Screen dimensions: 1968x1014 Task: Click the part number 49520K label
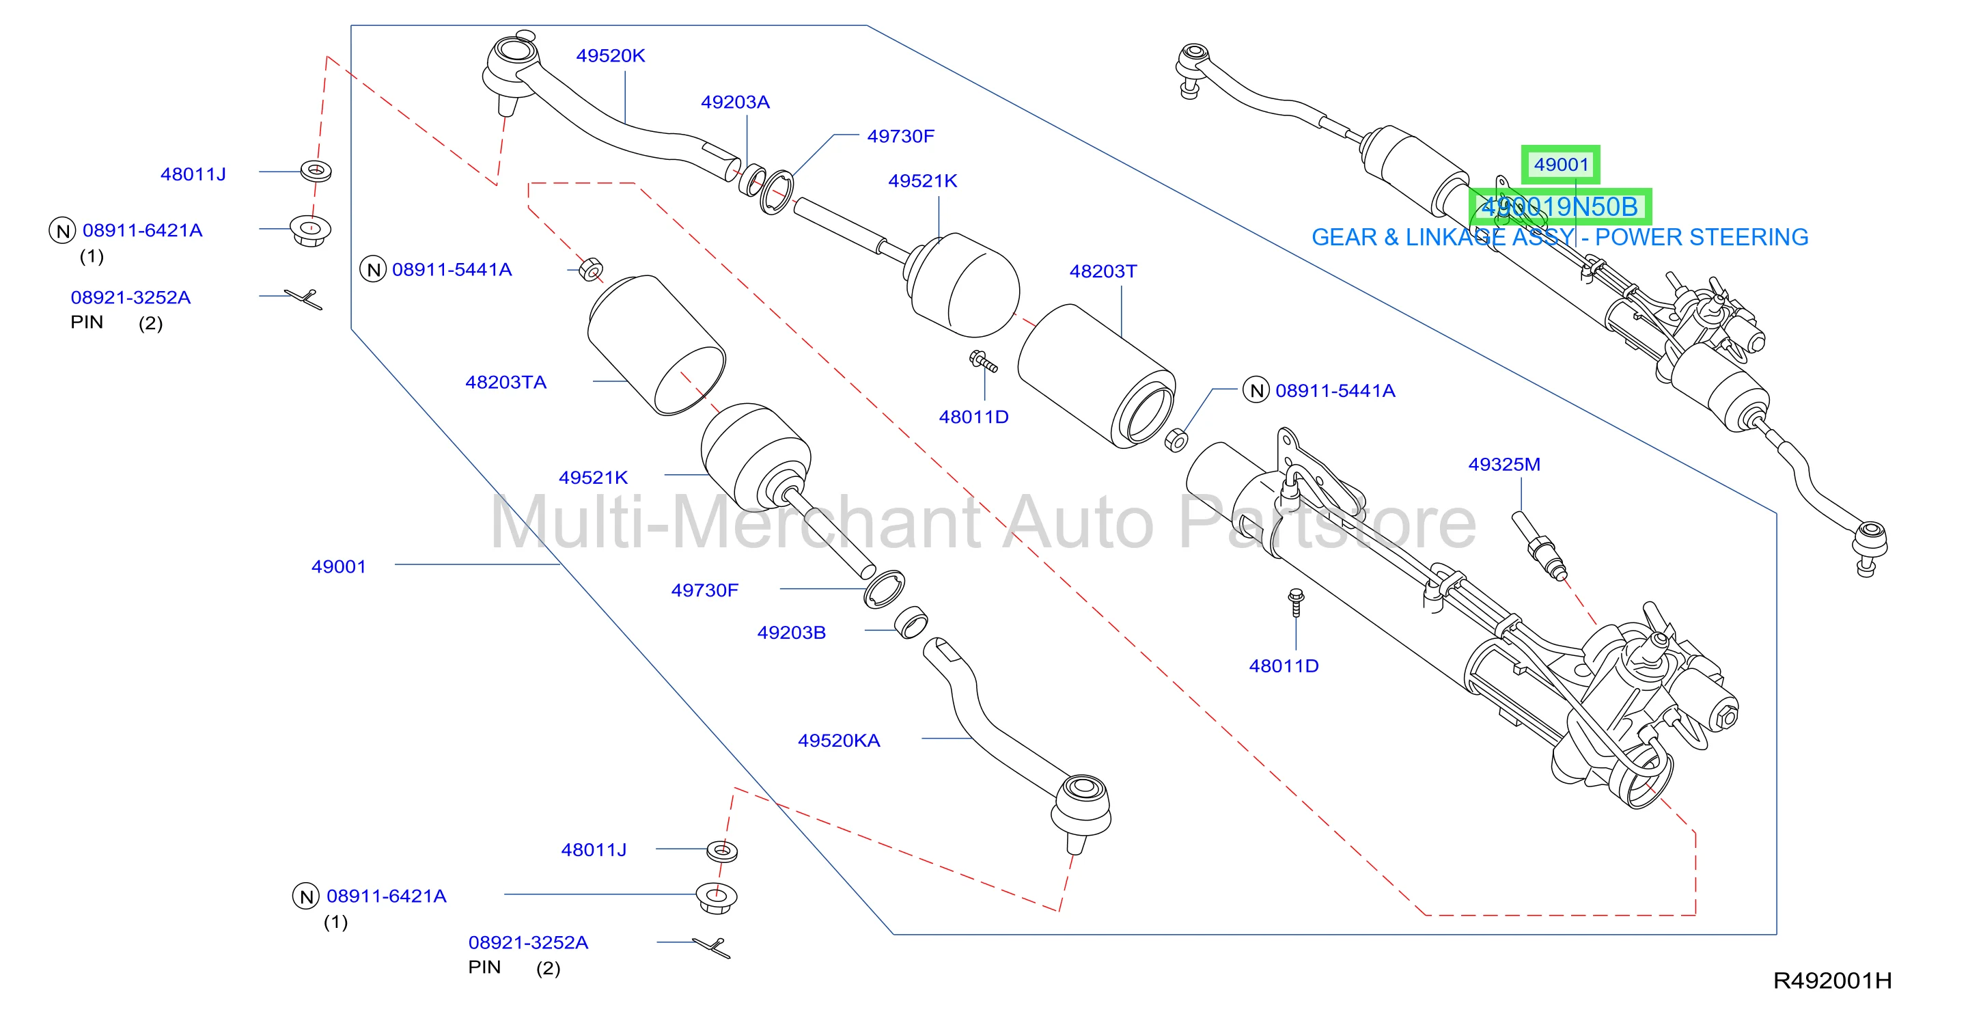(611, 56)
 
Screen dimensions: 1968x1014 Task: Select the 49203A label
(735, 102)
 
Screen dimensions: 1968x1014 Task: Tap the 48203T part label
(1103, 271)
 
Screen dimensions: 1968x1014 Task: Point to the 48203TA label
(505, 382)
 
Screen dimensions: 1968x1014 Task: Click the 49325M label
(1503, 464)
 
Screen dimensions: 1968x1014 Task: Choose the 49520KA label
(839, 741)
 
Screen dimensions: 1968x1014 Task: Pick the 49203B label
(792, 633)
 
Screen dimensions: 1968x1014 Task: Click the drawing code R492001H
(1832, 981)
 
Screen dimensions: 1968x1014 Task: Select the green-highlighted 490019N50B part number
(1560, 206)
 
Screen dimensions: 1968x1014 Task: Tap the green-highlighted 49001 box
(1561, 164)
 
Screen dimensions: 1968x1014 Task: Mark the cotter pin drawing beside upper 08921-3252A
(304, 299)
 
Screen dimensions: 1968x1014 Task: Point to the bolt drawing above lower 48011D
(1296, 602)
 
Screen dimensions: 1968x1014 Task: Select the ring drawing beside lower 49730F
(884, 589)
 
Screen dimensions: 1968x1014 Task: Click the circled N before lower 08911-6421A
(305, 896)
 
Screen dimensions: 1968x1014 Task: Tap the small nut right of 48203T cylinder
(1176, 440)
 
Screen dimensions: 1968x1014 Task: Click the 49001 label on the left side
(338, 567)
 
